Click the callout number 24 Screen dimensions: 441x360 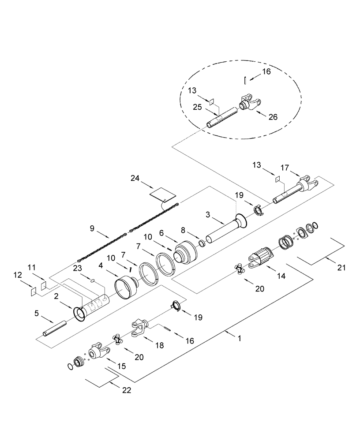pyautogui.click(x=135, y=178)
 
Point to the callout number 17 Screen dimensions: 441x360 pyautogui.click(x=285, y=168)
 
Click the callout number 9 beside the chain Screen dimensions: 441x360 pyautogui.click(x=92, y=228)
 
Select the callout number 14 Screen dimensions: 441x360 pyautogui.click(x=281, y=276)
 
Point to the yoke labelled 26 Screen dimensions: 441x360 pyautogui.click(x=250, y=104)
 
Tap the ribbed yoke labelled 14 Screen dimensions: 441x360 pyautogui.click(x=260, y=258)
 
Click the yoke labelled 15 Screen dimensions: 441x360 pyautogui.click(x=98, y=353)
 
